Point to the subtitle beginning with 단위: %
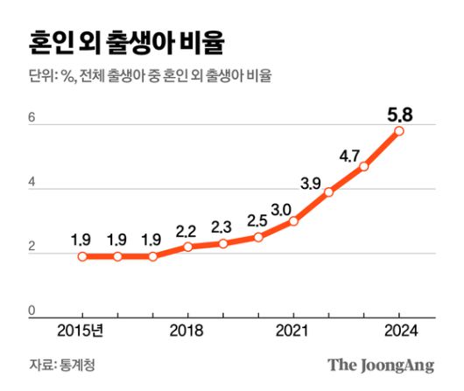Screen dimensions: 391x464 tap(150, 76)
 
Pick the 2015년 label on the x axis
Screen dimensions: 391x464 tap(81, 331)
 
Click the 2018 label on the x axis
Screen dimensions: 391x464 tap(187, 331)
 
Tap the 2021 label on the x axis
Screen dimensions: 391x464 tap(293, 331)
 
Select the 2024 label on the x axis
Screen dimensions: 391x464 tap(399, 331)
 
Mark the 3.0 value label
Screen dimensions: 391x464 tap(281, 209)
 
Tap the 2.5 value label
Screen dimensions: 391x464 tap(257, 220)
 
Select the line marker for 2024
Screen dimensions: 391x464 tap(399, 131)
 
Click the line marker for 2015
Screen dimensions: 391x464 tap(82, 256)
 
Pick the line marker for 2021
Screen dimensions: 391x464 tap(293, 221)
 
